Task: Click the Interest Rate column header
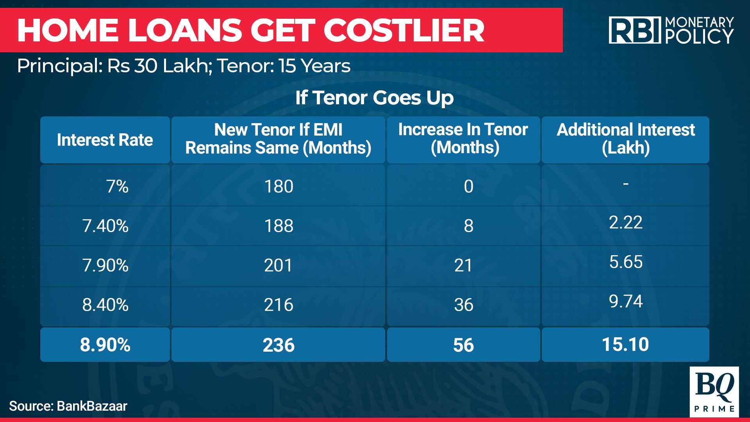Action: [105, 140]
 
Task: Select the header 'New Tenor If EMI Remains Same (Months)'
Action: [278, 139]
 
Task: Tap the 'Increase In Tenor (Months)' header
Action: [463, 139]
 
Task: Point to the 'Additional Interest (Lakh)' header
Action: [626, 139]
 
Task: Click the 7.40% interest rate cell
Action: [105, 226]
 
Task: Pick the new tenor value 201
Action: [278, 265]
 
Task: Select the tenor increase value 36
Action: [464, 305]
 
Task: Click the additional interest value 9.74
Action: [626, 301]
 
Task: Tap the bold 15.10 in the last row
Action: [625, 344]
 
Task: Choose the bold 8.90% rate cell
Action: [105, 345]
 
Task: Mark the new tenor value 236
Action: [279, 345]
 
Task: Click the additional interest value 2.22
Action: [626, 222]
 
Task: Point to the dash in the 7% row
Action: [626, 183]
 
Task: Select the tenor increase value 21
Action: [463, 265]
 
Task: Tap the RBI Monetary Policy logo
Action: [671, 30]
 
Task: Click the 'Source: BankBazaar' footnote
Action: [68, 406]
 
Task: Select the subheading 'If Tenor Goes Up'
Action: [375, 98]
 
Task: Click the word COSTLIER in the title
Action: [404, 30]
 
